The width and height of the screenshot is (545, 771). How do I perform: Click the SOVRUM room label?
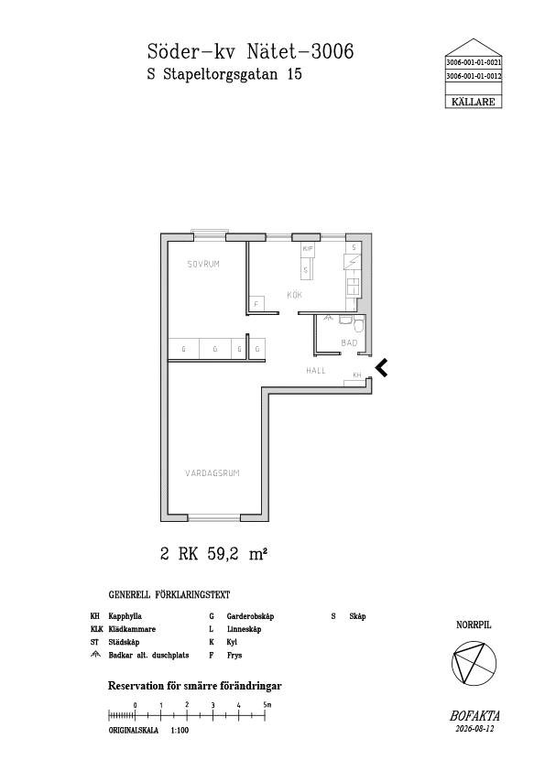203,264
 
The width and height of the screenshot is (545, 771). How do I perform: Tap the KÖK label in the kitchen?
295,295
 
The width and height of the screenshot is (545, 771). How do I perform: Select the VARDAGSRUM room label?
212,473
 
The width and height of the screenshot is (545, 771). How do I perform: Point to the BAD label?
349,342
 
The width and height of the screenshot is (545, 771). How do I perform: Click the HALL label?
316,370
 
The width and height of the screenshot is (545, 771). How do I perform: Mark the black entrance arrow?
381,367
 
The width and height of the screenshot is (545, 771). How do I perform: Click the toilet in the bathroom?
360,325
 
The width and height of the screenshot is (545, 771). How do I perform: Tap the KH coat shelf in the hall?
356,377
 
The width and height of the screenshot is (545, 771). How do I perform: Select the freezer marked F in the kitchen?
256,304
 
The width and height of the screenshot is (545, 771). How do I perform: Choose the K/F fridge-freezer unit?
308,249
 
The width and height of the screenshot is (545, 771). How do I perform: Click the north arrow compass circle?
474,663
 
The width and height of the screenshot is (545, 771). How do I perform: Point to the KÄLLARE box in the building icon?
474,102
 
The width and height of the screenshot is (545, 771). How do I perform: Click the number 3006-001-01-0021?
474,63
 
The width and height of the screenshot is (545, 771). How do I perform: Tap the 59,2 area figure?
223,554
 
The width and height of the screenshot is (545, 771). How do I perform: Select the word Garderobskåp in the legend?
250,616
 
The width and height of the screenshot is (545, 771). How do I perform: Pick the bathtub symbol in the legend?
95,655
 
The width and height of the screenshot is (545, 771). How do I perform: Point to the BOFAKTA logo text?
474,716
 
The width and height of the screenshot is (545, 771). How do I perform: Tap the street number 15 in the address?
294,74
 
